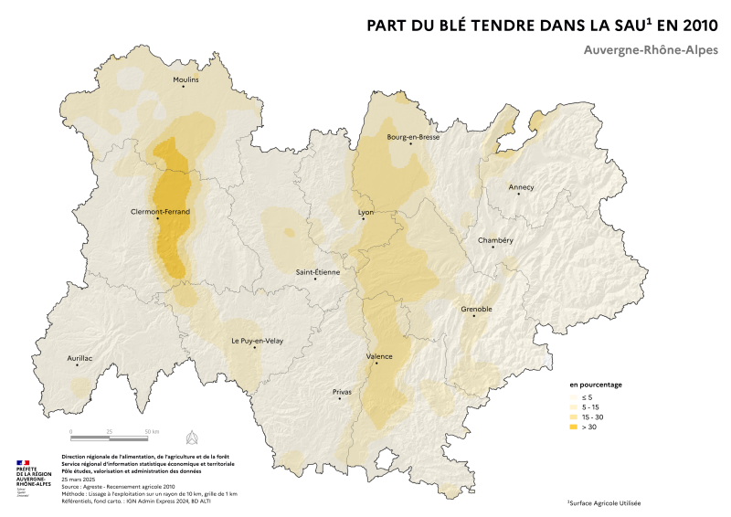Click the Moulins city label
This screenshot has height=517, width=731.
(x=185, y=79)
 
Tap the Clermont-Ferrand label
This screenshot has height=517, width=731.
(x=160, y=211)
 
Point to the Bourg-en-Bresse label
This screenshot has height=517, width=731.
(x=413, y=137)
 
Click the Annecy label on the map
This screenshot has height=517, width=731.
(x=521, y=187)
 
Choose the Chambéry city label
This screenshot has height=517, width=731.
(x=496, y=240)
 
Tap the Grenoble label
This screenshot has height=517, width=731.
(x=476, y=309)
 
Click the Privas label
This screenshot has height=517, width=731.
(x=342, y=391)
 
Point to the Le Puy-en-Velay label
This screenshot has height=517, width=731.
(x=256, y=341)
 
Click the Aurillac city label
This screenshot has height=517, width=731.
(x=80, y=358)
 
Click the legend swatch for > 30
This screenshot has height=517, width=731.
(x=575, y=427)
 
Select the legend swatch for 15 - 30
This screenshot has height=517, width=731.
(x=575, y=417)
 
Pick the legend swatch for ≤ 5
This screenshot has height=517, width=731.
(x=575, y=397)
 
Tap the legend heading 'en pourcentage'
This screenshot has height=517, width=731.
(x=596, y=385)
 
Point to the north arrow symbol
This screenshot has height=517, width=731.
(x=191, y=435)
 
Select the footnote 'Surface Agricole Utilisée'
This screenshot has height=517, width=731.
(x=605, y=503)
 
